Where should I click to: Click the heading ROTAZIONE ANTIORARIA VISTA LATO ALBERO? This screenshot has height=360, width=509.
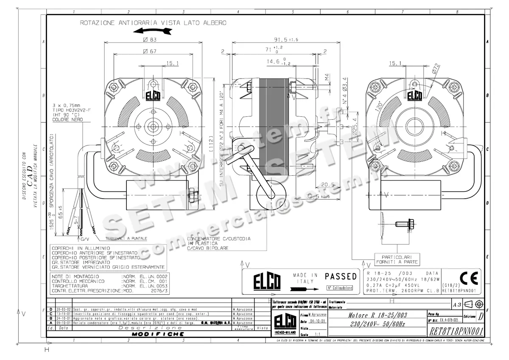(x=153, y=23)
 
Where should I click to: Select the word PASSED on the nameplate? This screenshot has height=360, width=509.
(x=341, y=276)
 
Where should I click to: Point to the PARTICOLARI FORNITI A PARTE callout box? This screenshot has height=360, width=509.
(x=396, y=259)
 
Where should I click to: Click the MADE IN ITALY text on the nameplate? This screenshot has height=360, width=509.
(x=305, y=278)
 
